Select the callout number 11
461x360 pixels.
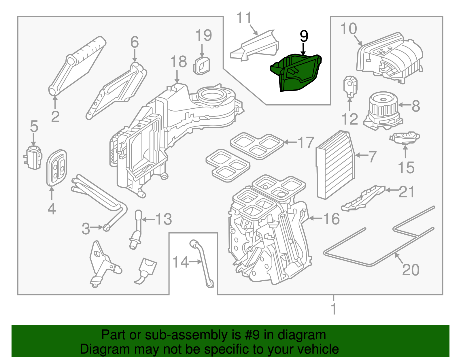pyautogui.click(x=244, y=18)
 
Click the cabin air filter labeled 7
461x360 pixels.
pyautogui.click(x=336, y=164)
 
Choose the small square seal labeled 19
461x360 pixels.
pyautogui.click(x=202, y=66)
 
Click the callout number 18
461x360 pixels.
pyautogui.click(x=178, y=62)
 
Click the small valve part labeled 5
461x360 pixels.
pyautogui.click(x=33, y=157)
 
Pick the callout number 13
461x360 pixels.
pyautogui.click(x=163, y=219)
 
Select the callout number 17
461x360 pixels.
pyautogui.click(x=305, y=143)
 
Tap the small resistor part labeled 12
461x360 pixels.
pyautogui.click(x=350, y=86)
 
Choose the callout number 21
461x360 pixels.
pyautogui.click(x=406, y=191)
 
